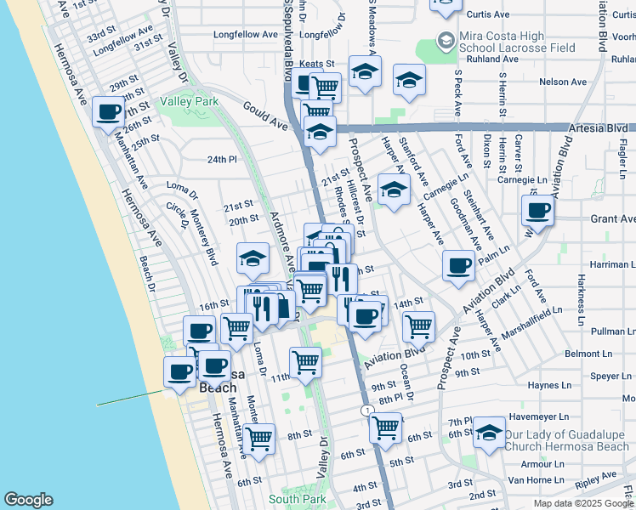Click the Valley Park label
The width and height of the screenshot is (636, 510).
point(189,101)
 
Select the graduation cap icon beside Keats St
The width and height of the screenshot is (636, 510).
point(365,72)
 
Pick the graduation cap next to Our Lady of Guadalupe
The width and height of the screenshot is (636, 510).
point(489,433)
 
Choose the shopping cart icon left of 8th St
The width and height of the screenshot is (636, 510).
point(258,437)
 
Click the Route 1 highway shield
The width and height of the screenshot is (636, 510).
point(366,411)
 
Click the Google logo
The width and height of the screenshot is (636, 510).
point(28,499)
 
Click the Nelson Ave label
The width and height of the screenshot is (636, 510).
point(563,82)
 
